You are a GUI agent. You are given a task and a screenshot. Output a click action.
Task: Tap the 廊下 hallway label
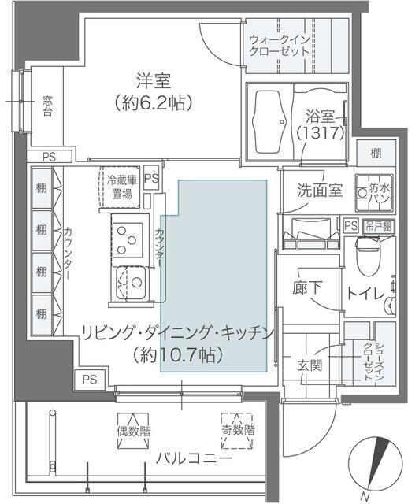(x=306, y=288)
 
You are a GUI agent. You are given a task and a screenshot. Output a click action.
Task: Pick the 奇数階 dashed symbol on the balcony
(x=237, y=430)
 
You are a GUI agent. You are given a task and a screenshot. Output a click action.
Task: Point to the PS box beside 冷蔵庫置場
(x=152, y=178)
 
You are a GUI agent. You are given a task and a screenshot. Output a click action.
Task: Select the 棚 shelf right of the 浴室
(x=376, y=152)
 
